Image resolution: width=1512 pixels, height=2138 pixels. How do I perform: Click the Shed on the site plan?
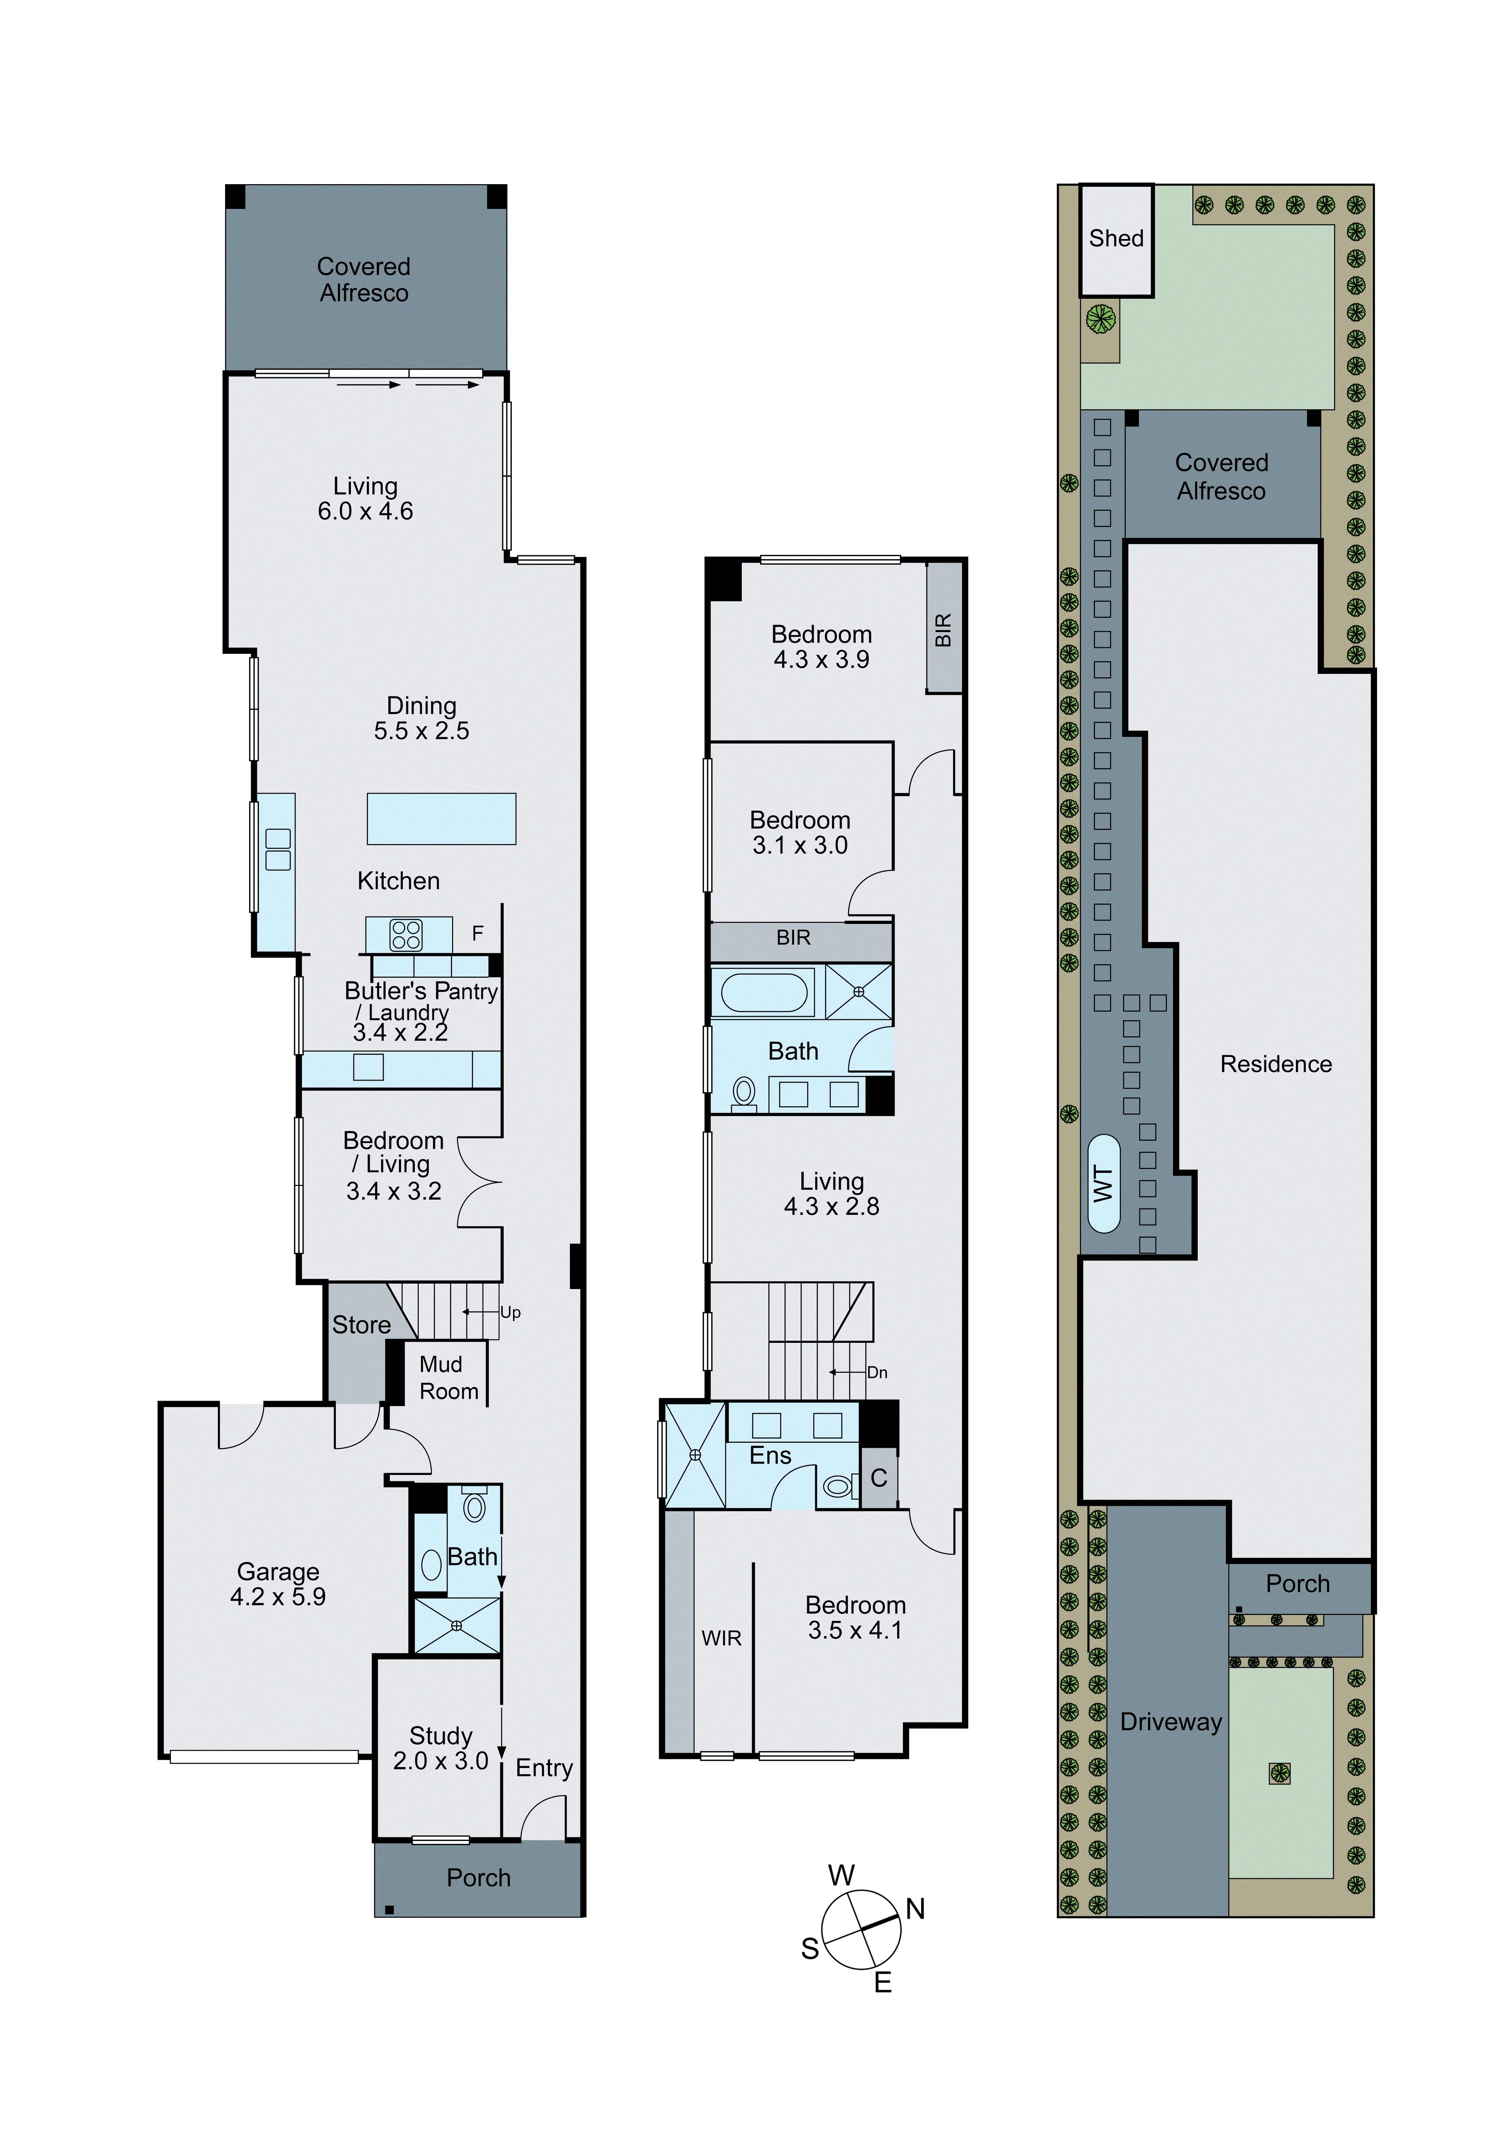(x=1116, y=239)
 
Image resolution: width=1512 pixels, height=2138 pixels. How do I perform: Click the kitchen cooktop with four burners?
(x=406, y=935)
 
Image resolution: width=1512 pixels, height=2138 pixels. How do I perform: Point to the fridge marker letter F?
(x=478, y=933)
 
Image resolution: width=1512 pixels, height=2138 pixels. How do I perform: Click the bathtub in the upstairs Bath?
(x=763, y=993)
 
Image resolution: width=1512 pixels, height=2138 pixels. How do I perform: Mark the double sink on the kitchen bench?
(x=277, y=849)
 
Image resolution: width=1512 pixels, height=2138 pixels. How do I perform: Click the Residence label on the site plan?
(x=1276, y=1064)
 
